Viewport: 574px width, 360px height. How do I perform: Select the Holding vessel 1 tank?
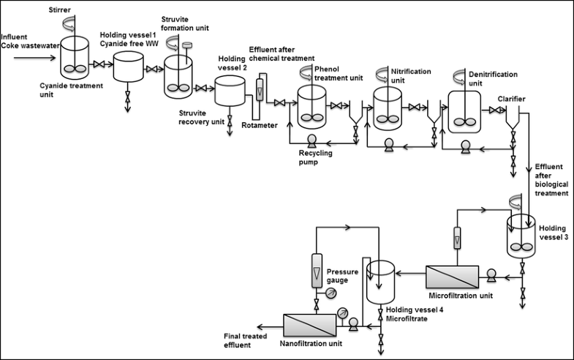point(129,72)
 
